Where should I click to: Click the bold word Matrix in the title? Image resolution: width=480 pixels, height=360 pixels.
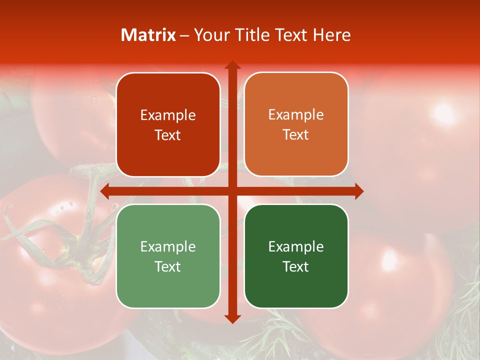pyautogui.click(x=148, y=35)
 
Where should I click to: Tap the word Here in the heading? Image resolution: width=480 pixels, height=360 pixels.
pyautogui.click(x=331, y=35)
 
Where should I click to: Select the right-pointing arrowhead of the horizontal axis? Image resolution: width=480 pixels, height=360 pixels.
pyautogui.click(x=359, y=191)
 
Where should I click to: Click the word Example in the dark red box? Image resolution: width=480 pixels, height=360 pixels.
pyautogui.click(x=168, y=115)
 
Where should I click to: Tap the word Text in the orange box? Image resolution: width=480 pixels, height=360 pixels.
pyautogui.click(x=296, y=135)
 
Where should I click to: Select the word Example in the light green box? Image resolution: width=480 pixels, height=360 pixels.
pyautogui.click(x=168, y=246)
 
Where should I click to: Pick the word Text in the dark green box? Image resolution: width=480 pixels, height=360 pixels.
pyautogui.click(x=296, y=266)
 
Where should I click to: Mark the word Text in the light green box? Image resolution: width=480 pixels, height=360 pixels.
pyautogui.click(x=168, y=266)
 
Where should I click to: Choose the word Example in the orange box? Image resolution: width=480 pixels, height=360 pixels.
pyautogui.click(x=296, y=115)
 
